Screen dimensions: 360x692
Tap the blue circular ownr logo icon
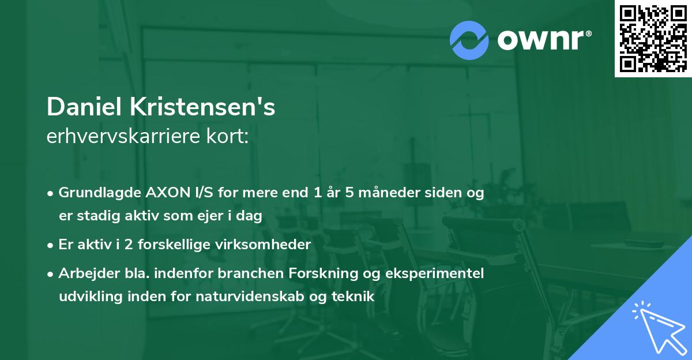click(469, 40)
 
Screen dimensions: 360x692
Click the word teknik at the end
click(355, 297)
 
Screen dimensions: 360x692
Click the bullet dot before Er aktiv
click(51, 245)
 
